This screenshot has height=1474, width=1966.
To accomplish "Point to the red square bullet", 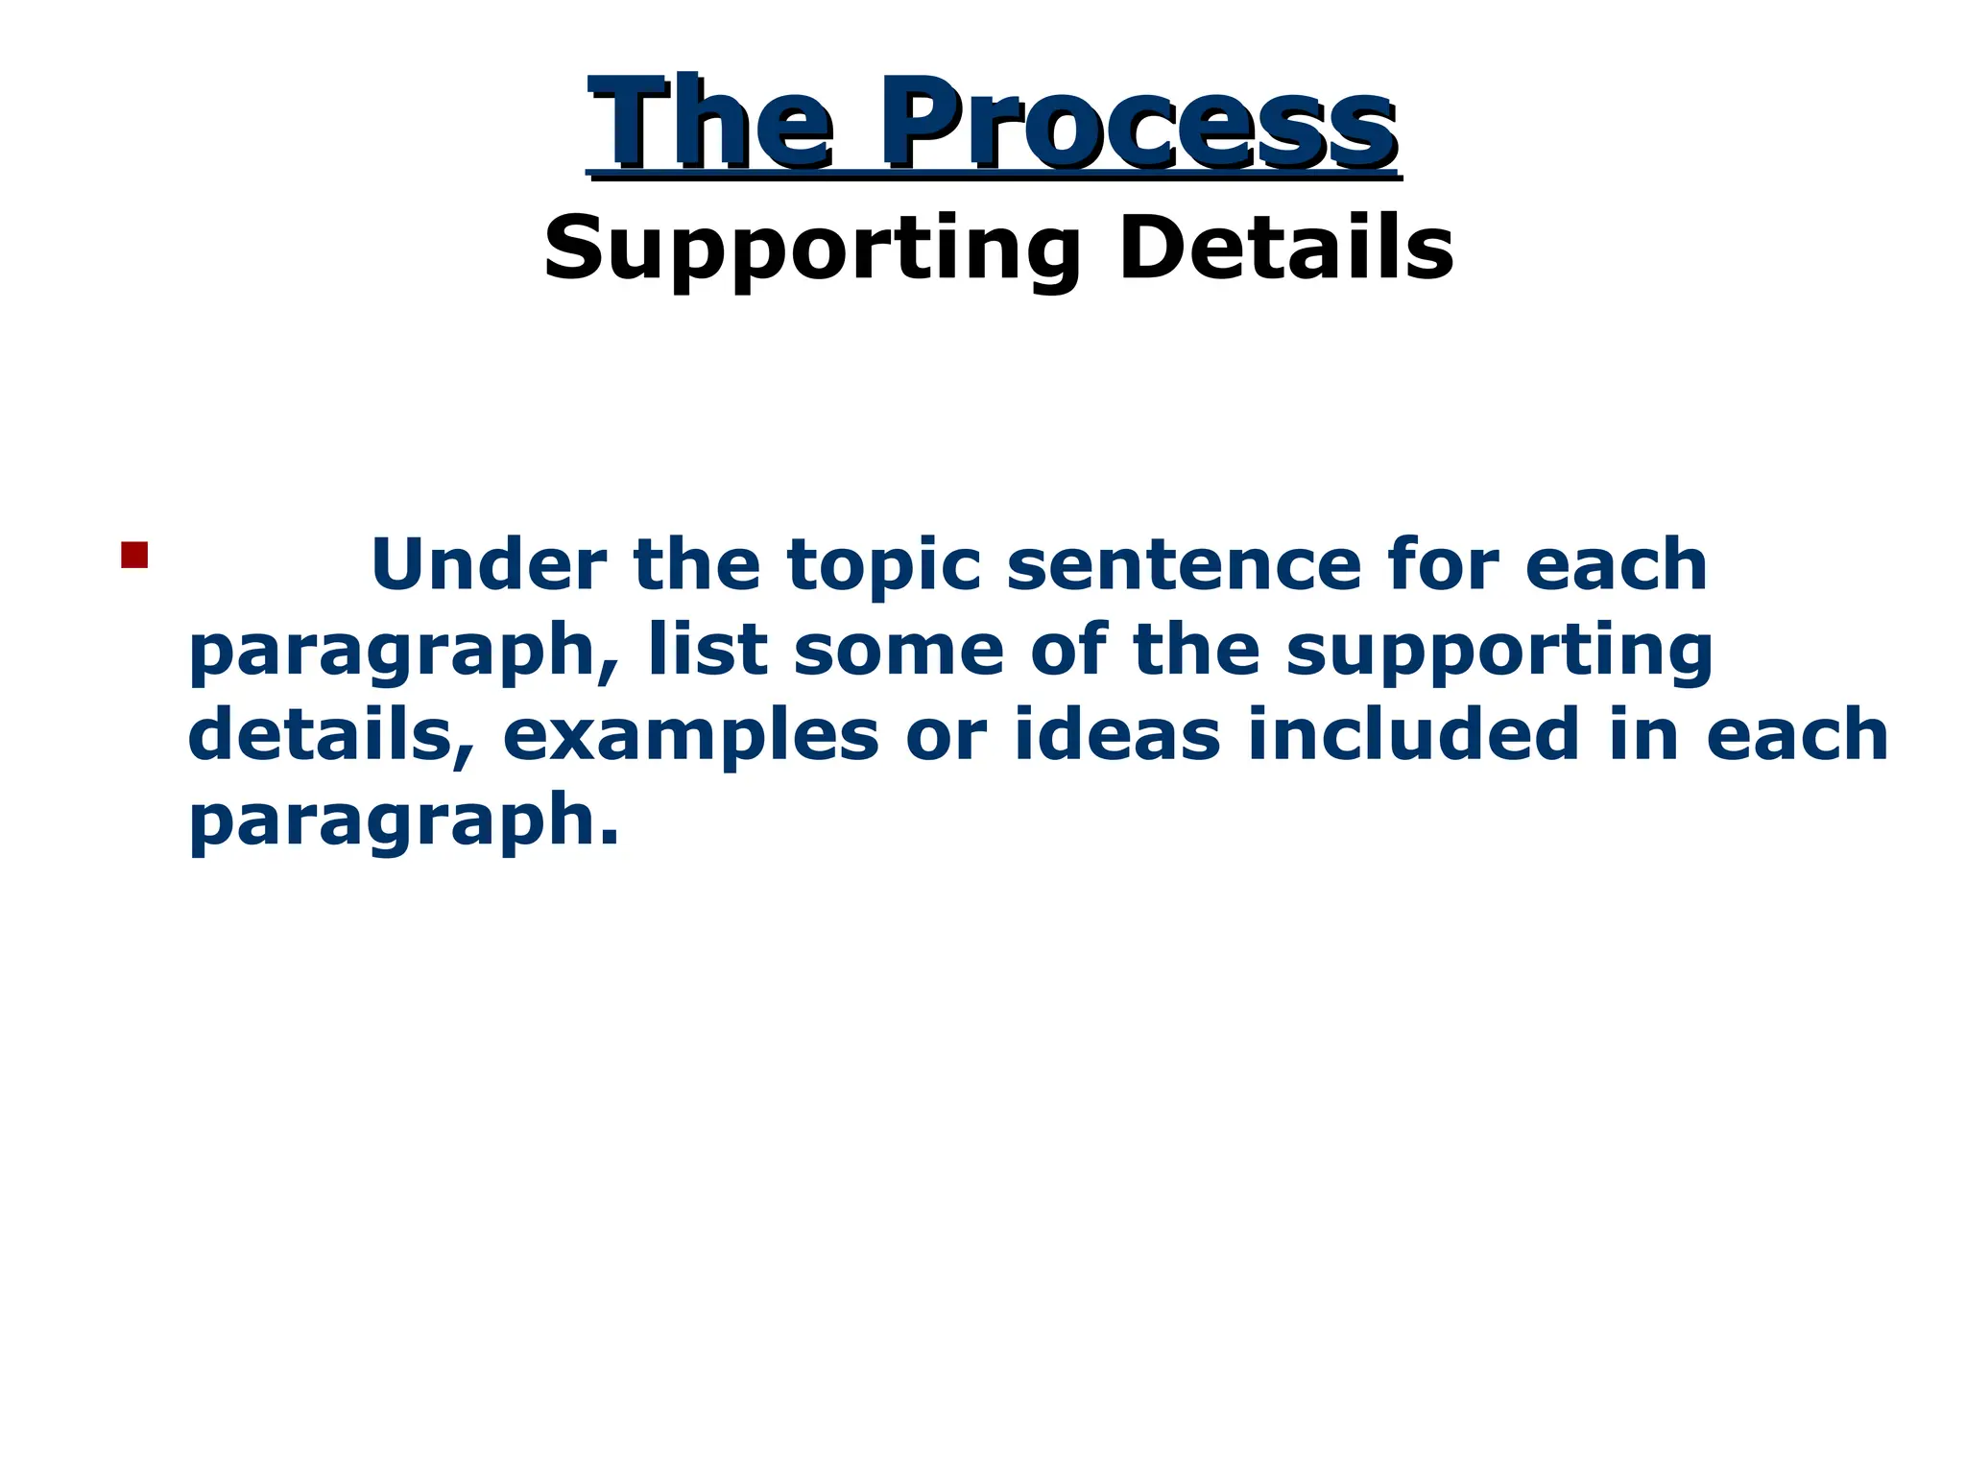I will pyautogui.click(x=134, y=556).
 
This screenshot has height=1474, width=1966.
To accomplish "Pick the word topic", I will pyautogui.click(x=884, y=566).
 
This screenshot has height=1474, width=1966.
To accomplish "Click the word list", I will pyautogui.click(x=707, y=650).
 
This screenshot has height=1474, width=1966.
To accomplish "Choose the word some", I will pyautogui.click(x=899, y=650).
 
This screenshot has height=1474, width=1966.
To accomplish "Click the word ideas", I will pyautogui.click(x=1117, y=735).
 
